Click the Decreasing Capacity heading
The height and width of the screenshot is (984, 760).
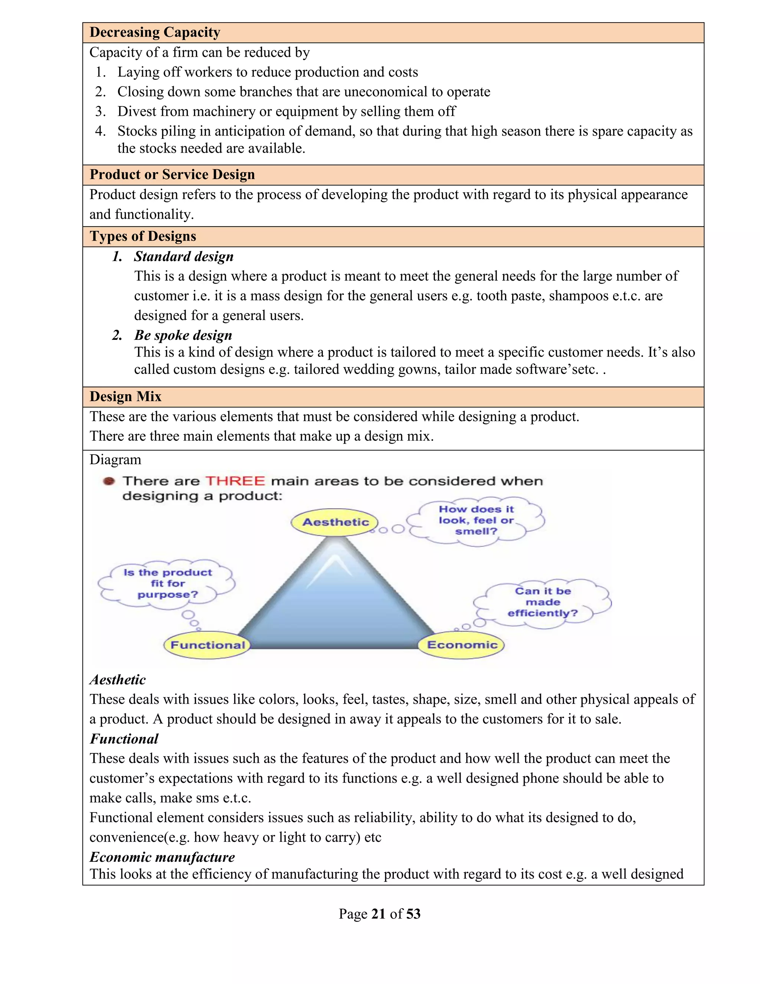pos(154,32)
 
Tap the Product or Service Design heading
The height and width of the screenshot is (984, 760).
pos(172,175)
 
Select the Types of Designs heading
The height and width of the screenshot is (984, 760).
pos(143,236)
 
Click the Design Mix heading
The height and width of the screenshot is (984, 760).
pos(125,397)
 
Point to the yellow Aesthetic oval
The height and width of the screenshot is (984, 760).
pos(335,522)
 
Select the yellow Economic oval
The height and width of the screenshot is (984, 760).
pos(462,645)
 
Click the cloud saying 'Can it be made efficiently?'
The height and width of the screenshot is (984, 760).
pos(543,602)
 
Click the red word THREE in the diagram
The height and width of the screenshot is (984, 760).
pos(235,481)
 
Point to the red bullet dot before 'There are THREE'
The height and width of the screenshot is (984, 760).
pos(108,481)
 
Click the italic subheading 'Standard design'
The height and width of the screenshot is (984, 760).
pos(184,256)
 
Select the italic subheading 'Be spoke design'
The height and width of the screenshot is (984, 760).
pos(183,335)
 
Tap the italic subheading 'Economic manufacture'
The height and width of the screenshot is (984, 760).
pos(162,857)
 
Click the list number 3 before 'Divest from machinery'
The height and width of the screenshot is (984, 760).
pos(101,111)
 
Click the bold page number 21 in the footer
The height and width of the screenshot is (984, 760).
pos(378,914)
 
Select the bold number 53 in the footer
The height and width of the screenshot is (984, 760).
pos(413,914)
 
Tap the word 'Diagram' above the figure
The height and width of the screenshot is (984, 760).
pos(115,460)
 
